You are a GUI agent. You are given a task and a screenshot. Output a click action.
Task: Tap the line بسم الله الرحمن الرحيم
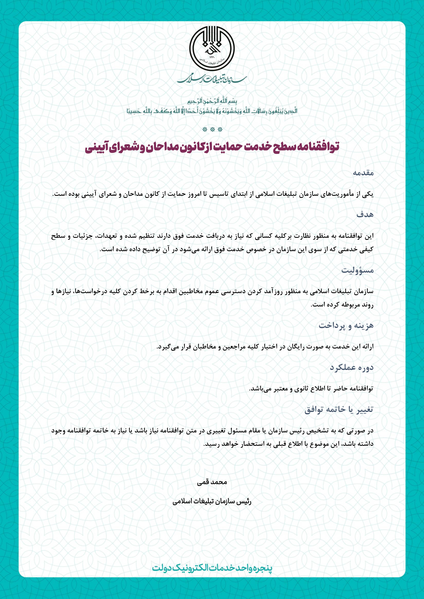212,101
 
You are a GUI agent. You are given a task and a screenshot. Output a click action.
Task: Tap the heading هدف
365,215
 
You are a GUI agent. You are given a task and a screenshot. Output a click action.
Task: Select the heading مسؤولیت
357,270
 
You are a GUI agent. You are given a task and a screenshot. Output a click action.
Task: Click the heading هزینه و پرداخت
346,325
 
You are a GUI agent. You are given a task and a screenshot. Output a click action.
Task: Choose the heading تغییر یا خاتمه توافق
339,409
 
